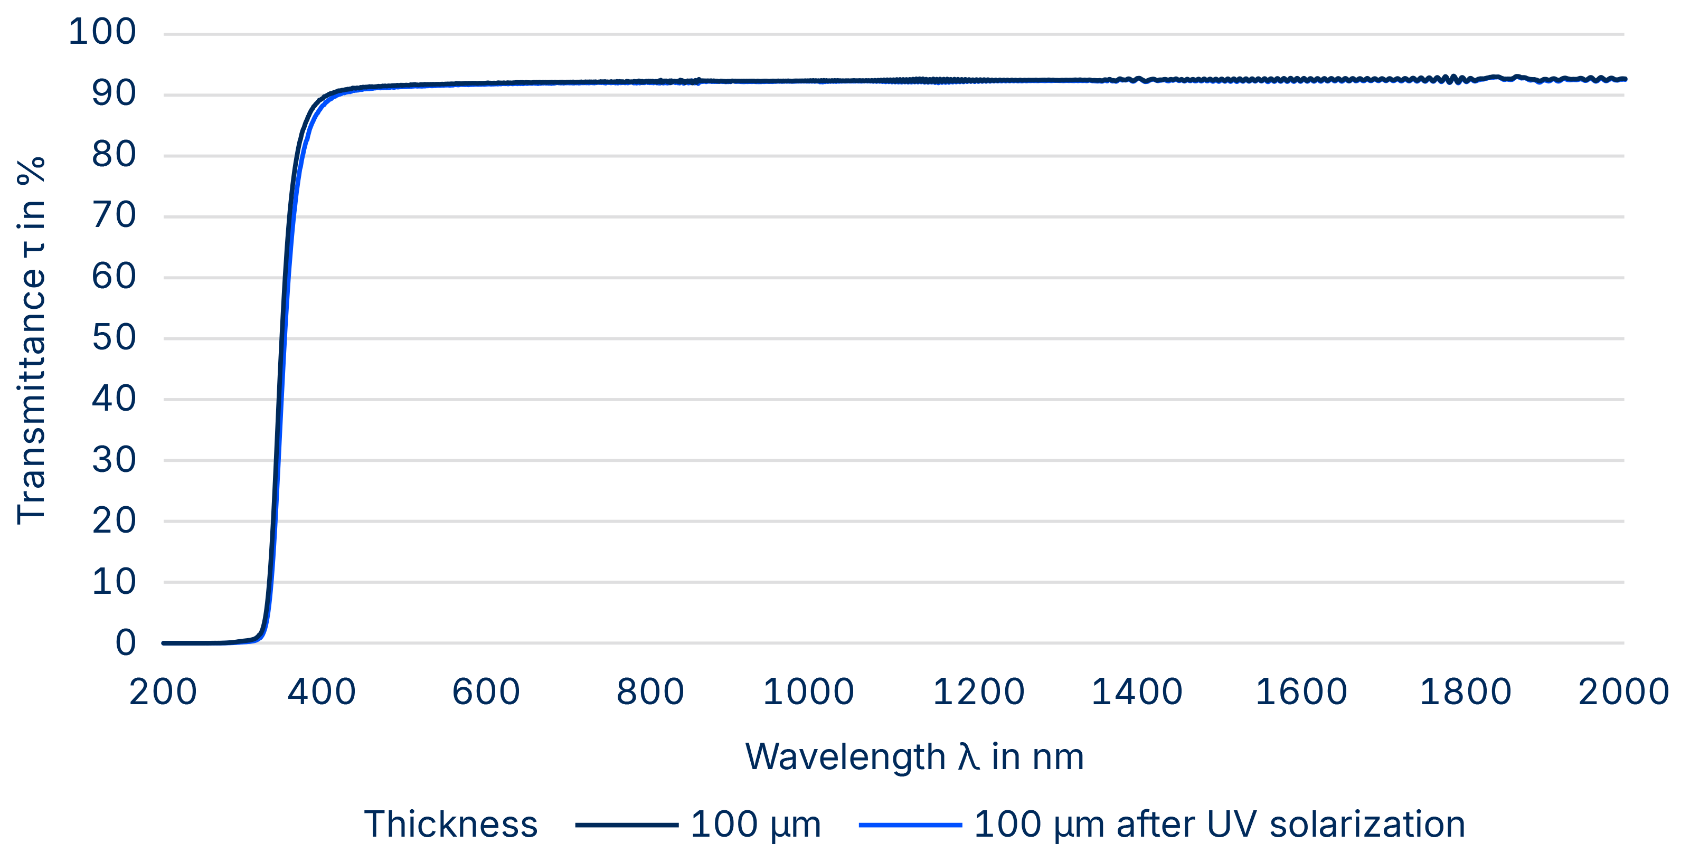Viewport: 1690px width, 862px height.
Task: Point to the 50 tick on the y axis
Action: [x=114, y=338]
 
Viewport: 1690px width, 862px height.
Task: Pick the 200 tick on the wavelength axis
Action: [x=163, y=692]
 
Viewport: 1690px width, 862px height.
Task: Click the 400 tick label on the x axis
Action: [x=322, y=692]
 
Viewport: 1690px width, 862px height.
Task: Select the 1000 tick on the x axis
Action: [x=808, y=692]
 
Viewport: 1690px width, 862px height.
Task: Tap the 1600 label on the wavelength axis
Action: [x=1301, y=692]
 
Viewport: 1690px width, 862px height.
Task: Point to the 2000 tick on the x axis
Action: [x=1622, y=692]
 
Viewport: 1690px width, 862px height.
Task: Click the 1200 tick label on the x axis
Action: [x=978, y=692]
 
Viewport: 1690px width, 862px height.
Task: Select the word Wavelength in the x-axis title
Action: [x=845, y=757]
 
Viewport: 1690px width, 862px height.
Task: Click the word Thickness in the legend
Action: [x=451, y=825]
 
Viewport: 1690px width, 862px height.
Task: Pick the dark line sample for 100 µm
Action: [x=627, y=825]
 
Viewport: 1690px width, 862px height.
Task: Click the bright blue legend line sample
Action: [x=910, y=825]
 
